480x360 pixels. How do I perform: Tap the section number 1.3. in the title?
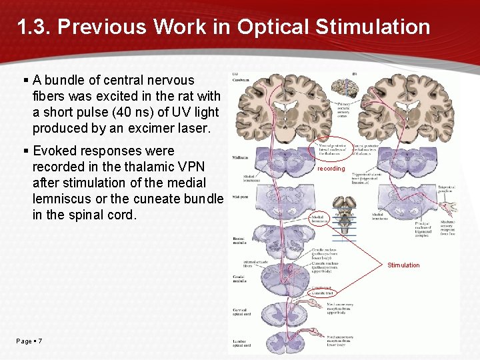[34, 27]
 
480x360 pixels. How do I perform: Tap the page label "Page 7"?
[29, 341]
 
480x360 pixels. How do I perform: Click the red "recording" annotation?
[331, 169]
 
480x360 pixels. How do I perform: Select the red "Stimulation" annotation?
[403, 265]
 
